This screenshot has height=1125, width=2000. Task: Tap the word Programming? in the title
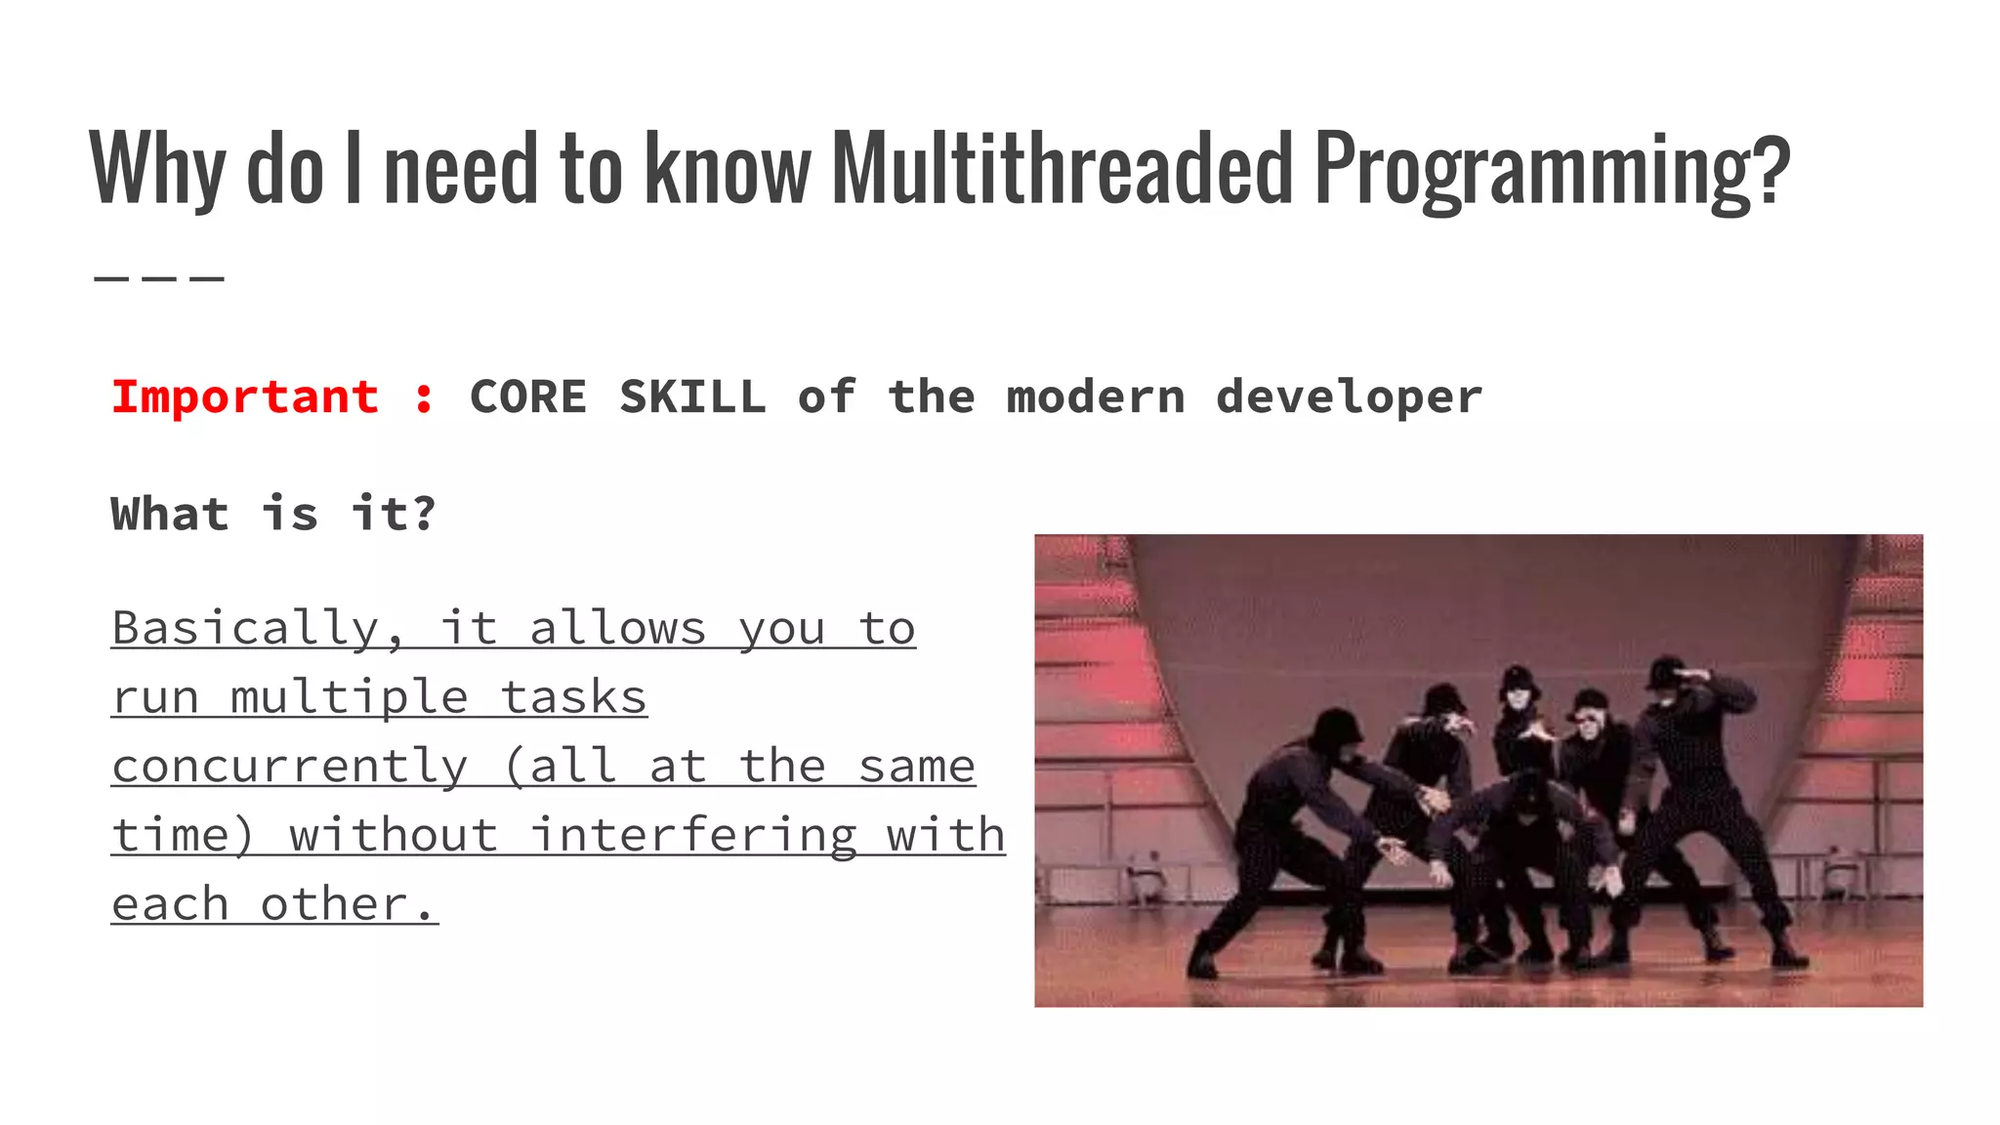pyautogui.click(x=1553, y=171)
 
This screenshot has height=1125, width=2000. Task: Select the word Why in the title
pyautogui.click(x=157, y=171)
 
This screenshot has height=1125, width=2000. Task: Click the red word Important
pyautogui.click(x=245, y=397)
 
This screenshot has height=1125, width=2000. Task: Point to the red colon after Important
pyautogui.click(x=424, y=398)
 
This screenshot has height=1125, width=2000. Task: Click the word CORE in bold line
pyautogui.click(x=528, y=397)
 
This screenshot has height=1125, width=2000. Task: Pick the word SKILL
pyautogui.click(x=692, y=397)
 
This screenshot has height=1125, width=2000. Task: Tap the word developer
pyautogui.click(x=1349, y=397)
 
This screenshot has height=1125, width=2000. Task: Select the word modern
pyautogui.click(x=1096, y=397)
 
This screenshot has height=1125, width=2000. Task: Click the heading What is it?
pyautogui.click(x=272, y=514)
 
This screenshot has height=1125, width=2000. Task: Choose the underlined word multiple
pyautogui.click(x=350, y=698)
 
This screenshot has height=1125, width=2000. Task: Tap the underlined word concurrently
pyautogui.click(x=290, y=767)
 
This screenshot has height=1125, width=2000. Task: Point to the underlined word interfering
pyautogui.click(x=693, y=836)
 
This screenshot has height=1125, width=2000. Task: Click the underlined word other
pyautogui.click(x=347, y=904)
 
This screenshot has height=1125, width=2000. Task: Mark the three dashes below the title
pyautogui.click(x=159, y=279)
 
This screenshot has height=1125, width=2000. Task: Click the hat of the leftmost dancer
pyautogui.click(x=1335, y=726)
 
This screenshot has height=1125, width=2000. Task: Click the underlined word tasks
pyautogui.click(x=574, y=698)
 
